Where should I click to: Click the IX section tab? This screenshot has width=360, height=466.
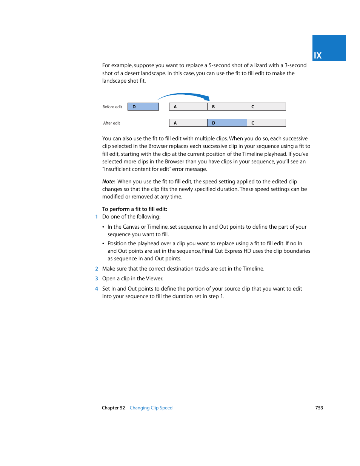[x=329, y=48]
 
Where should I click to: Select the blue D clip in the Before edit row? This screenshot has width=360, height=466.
[x=143, y=107]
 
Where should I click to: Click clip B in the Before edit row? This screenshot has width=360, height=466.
[x=227, y=107]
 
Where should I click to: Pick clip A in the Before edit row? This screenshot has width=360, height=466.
[x=188, y=107]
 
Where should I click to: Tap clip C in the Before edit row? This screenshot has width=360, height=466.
[x=266, y=107]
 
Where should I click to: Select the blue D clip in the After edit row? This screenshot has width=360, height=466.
[x=227, y=123]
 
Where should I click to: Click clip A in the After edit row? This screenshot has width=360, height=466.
[x=188, y=123]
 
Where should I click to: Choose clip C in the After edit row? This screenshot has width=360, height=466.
[x=266, y=123]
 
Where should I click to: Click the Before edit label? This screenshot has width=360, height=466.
[x=112, y=107]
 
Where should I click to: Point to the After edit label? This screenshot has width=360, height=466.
[x=112, y=123]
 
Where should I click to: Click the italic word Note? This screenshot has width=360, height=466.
[x=109, y=181]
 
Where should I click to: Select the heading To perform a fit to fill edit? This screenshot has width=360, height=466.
[x=135, y=209]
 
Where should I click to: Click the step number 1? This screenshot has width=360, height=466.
[x=97, y=217]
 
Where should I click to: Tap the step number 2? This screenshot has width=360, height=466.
[x=97, y=269]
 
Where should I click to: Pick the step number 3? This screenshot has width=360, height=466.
[x=97, y=278]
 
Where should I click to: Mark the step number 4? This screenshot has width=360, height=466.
[x=97, y=289]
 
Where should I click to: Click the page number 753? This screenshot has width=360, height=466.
[x=319, y=408]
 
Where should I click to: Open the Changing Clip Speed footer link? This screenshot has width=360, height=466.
[x=151, y=408]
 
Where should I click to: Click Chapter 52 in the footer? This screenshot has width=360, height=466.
[x=113, y=408]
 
